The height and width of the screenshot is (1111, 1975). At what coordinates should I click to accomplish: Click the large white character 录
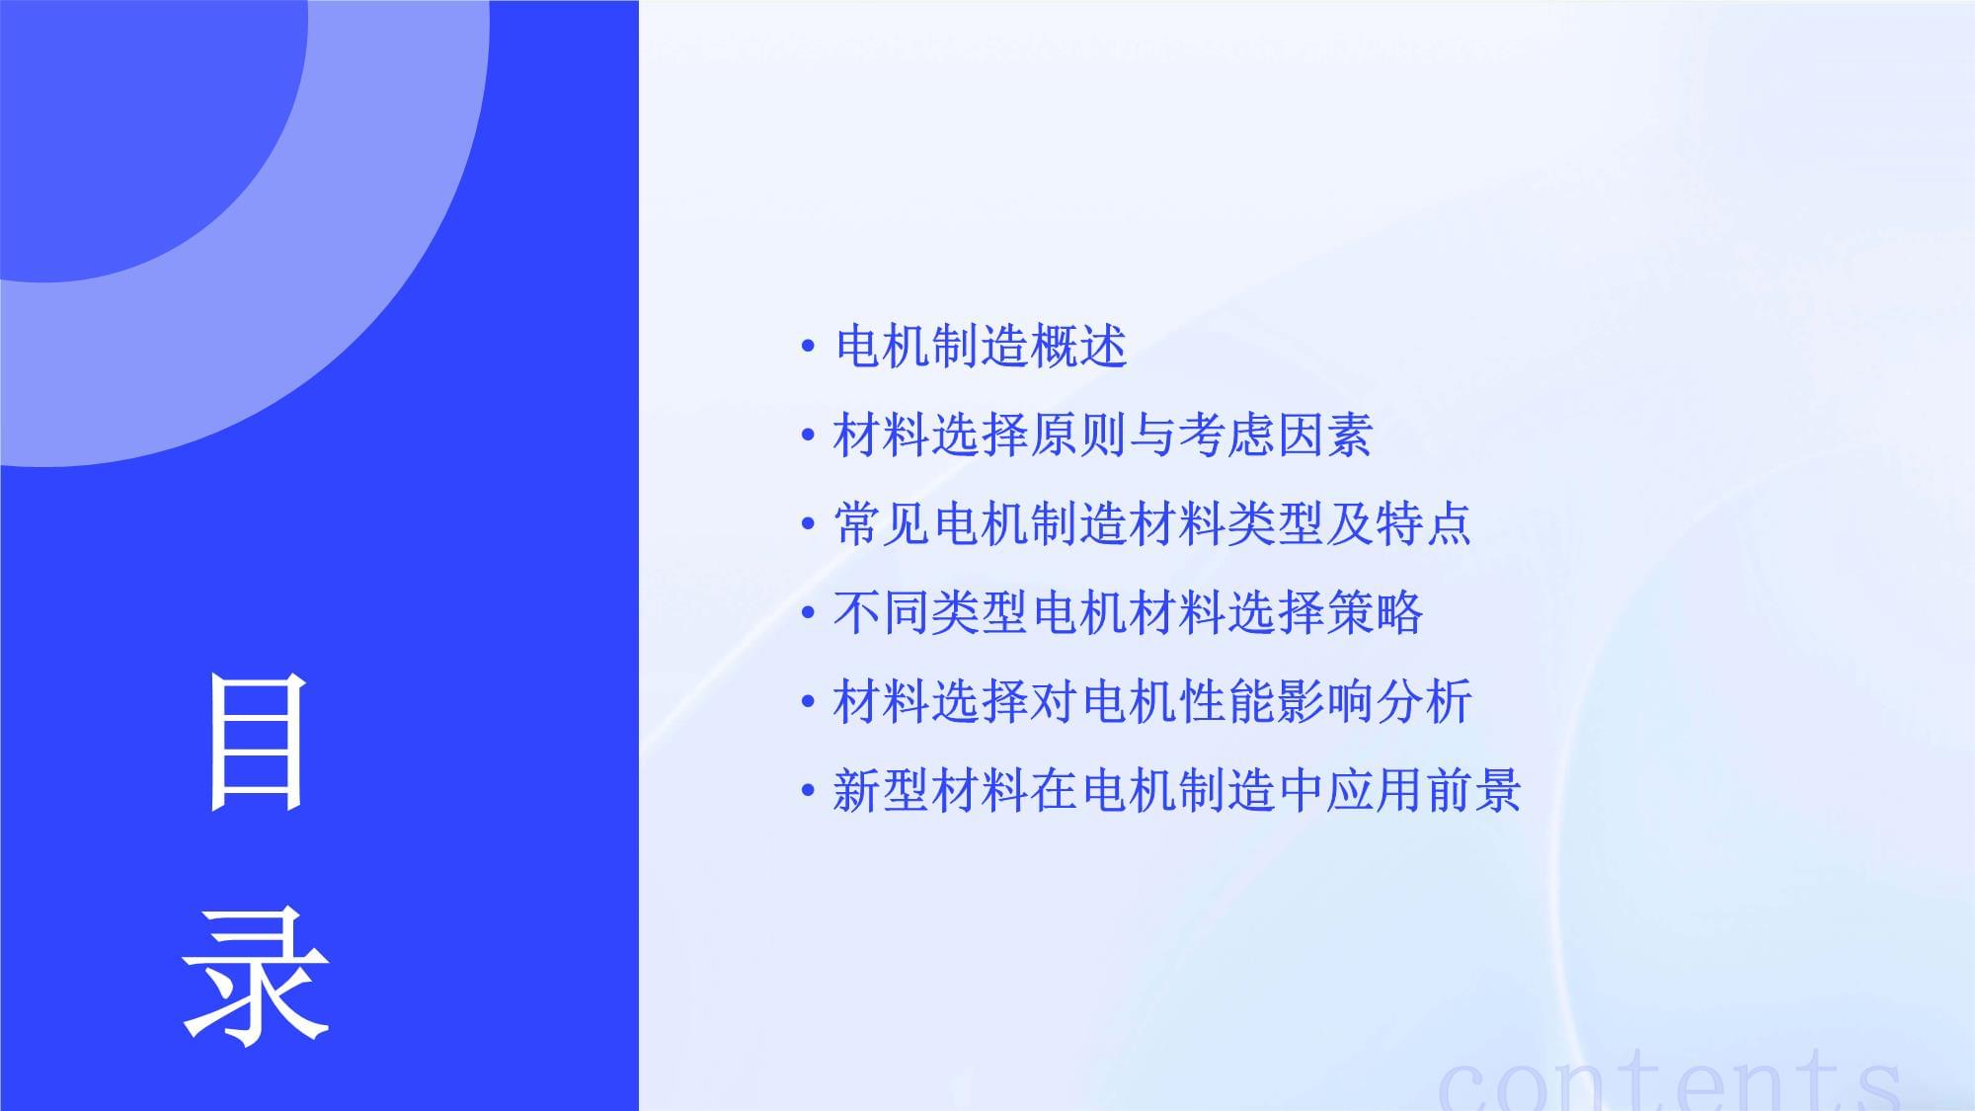coord(256,977)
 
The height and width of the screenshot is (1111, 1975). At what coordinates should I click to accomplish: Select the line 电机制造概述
coord(981,347)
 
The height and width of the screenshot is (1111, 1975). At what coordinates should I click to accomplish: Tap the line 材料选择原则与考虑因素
coord(1103,436)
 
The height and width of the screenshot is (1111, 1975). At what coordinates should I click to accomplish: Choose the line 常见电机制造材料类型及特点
coord(1152,523)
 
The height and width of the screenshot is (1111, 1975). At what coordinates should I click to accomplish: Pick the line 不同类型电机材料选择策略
coord(1129,612)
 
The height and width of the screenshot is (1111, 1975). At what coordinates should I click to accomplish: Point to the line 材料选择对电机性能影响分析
coord(1152,701)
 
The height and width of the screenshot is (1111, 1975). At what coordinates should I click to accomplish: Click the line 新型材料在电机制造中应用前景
coord(1177,790)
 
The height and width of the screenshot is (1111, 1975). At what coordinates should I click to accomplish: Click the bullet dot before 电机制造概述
coord(809,347)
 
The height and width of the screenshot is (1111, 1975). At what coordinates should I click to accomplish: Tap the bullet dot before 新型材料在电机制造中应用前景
coord(809,790)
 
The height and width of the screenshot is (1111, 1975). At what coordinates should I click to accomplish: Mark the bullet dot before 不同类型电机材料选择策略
coord(809,612)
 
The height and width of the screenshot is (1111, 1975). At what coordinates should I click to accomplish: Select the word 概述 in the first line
coord(1078,347)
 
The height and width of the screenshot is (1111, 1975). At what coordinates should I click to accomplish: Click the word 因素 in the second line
coord(1324,436)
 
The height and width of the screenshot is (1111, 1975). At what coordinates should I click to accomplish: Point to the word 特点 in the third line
coord(1423,523)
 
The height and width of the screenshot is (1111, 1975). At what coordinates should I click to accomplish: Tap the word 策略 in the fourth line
coord(1375,612)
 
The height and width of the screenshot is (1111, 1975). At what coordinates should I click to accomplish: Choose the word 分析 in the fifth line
coord(1424,701)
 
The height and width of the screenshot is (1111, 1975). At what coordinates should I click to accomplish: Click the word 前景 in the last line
coord(1472,790)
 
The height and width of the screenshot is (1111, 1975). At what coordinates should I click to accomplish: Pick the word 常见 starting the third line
coord(883,523)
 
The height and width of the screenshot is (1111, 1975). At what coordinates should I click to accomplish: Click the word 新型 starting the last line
coord(883,790)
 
